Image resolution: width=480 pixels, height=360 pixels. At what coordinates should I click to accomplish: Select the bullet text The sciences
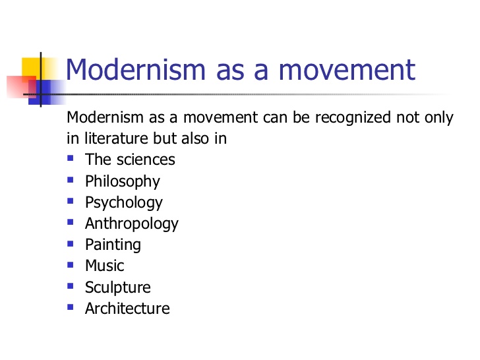[x=130, y=160]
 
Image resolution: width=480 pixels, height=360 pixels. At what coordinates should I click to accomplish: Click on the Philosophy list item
[x=122, y=181]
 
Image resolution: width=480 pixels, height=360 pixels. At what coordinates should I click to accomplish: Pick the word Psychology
[x=123, y=202]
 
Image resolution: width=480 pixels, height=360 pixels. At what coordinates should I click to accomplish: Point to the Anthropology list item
[x=131, y=224]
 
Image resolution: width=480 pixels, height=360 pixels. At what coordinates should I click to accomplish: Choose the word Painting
[x=113, y=245]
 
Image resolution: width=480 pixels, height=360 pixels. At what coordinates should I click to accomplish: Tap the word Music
[x=104, y=266]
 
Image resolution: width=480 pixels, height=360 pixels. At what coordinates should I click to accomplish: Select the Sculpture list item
[x=117, y=287]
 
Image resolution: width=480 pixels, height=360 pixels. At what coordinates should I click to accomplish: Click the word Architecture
[x=127, y=309]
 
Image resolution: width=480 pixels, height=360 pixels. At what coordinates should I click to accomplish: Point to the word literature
[x=113, y=139]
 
